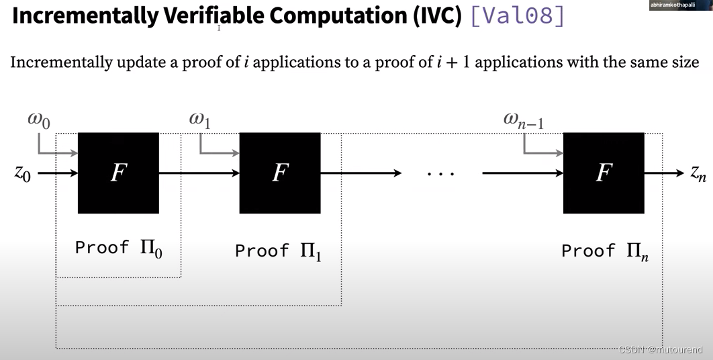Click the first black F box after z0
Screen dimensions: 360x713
pos(119,173)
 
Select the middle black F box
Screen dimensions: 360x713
pos(280,173)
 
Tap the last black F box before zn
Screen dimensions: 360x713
pos(604,173)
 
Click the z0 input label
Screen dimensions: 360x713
pos(23,173)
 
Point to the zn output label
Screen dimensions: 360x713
pos(698,173)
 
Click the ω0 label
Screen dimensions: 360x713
pos(38,120)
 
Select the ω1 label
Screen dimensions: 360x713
pos(199,120)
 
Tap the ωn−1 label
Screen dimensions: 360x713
pos(524,120)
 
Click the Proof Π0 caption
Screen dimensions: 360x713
pos(118,249)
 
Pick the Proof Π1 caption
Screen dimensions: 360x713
pos(278,252)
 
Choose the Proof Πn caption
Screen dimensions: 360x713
pos(604,252)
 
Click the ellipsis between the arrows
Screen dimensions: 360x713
pos(441,174)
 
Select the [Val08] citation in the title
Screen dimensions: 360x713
pos(517,15)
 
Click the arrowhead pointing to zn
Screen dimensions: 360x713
pos(679,173)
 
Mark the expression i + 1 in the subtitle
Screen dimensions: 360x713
pos(453,62)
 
